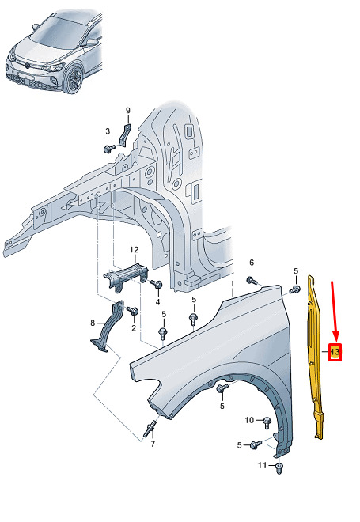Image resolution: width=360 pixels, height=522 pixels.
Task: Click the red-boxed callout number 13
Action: tap(335, 352)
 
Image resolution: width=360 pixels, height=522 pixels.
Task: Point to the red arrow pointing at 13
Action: tap(335, 312)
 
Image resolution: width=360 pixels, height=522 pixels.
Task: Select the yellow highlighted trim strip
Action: tap(315, 357)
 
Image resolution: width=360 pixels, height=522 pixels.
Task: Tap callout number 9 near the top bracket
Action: tap(128, 111)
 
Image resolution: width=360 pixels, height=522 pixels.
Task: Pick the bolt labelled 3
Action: tap(109, 149)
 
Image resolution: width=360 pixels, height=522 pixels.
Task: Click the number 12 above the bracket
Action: tap(134, 249)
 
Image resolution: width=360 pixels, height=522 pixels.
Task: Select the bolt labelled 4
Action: tap(156, 284)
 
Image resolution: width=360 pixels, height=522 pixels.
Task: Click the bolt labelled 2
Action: tap(133, 311)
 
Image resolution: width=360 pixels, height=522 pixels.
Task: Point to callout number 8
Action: tap(93, 323)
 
